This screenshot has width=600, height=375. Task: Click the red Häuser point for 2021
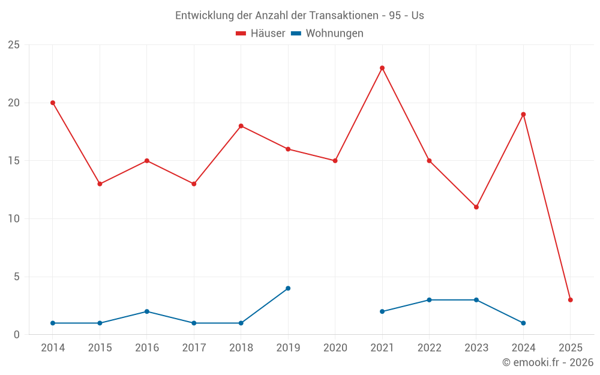(382, 68)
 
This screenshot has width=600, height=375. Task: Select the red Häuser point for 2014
(53, 103)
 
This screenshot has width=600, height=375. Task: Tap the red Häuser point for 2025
(570, 300)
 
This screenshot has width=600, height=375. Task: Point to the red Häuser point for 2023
(476, 207)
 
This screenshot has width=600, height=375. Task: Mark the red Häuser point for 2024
(523, 114)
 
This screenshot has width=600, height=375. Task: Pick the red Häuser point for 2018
(241, 126)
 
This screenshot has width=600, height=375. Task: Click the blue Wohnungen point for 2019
(288, 289)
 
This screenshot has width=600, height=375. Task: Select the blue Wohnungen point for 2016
(147, 311)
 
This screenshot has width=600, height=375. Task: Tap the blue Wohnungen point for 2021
(382, 311)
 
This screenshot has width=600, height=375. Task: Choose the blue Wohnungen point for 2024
(523, 323)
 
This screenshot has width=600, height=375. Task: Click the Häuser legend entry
(260, 34)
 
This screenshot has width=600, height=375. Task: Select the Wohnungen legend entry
(328, 34)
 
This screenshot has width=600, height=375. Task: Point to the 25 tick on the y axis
(13, 45)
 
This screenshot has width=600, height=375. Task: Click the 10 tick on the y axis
(13, 219)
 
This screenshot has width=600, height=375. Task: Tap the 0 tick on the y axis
(16, 335)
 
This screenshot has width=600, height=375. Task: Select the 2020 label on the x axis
(335, 348)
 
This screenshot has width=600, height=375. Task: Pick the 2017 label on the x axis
(194, 348)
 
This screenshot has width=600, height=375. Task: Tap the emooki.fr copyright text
(548, 362)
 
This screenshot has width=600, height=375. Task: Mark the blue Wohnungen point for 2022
(429, 300)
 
